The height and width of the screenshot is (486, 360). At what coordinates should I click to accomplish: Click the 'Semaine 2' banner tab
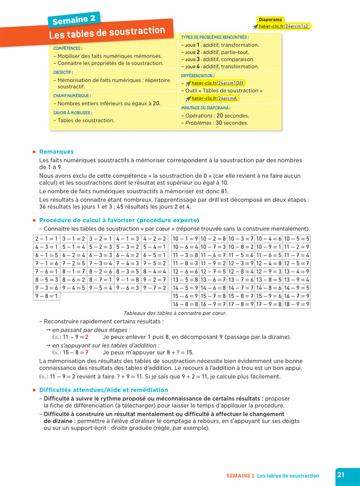(x=74, y=20)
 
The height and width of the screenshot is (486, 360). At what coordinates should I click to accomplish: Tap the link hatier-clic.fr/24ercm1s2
(x=284, y=26)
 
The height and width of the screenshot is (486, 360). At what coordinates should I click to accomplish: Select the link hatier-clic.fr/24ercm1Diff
(x=219, y=83)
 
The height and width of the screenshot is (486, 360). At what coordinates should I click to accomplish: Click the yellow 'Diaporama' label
(x=271, y=20)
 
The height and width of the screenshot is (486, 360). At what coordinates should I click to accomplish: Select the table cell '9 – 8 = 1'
(x=47, y=296)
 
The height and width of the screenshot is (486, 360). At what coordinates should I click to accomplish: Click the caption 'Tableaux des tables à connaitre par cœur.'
(x=175, y=313)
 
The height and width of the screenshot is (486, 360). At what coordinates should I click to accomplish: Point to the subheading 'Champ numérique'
(x=72, y=95)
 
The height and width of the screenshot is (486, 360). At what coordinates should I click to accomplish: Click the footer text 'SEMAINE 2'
(x=240, y=476)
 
